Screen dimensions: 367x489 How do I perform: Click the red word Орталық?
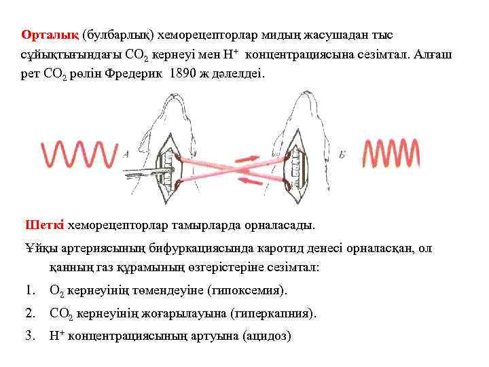tap(50, 35)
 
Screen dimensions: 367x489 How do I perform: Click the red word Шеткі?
tap(45, 225)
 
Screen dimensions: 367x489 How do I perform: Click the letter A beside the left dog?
tap(127, 154)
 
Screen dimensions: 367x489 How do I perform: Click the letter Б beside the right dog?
tap(342, 155)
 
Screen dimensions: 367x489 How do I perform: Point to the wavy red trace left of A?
tap(80, 154)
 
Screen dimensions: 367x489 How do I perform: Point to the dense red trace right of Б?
tap(391, 154)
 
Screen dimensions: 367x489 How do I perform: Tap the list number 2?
tap(29, 313)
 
